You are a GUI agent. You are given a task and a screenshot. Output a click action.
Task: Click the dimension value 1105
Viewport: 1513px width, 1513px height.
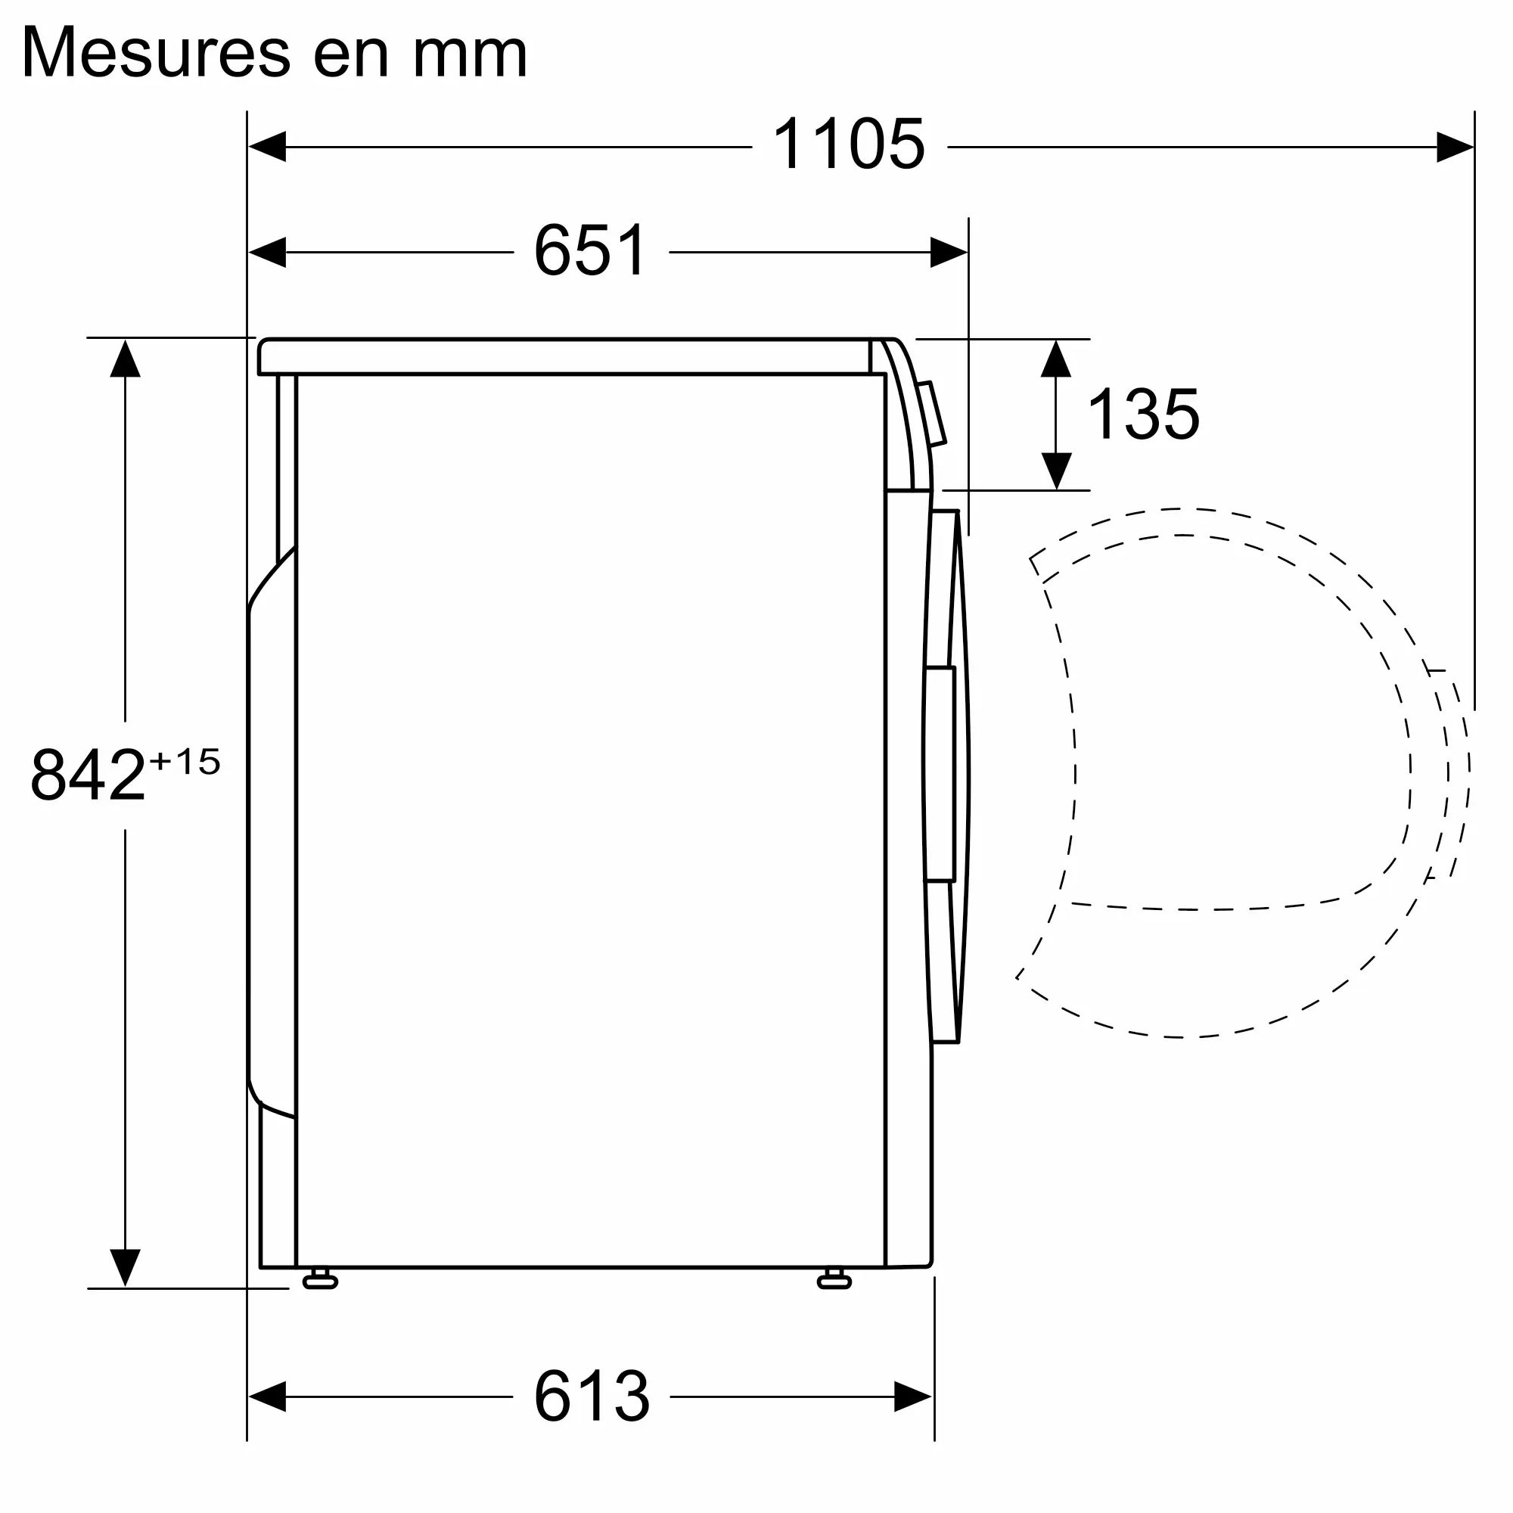coord(849,144)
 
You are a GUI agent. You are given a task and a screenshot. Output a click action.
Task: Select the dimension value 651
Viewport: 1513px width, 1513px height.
coord(591,250)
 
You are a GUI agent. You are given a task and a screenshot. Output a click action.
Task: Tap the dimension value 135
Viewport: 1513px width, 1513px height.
coord(1143,415)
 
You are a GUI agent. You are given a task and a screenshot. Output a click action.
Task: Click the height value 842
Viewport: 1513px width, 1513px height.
coord(89,775)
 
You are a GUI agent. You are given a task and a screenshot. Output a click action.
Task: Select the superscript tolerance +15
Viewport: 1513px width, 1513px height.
coord(185,761)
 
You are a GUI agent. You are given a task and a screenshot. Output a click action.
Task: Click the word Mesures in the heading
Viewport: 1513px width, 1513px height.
coord(157,53)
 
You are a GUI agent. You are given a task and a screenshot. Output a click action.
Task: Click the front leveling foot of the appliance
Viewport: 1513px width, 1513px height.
coord(834,1281)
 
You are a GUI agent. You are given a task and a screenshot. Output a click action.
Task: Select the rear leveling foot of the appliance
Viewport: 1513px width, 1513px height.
coord(319,1281)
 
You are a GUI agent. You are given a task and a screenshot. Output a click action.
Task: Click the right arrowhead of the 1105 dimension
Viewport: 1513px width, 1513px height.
coord(1454,148)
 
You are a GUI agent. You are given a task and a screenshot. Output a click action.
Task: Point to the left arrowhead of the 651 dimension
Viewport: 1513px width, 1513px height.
coord(267,252)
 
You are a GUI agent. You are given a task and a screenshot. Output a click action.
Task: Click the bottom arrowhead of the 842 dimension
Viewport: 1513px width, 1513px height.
coord(126,1266)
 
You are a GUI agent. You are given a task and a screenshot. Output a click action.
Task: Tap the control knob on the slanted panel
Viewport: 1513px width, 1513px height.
coord(933,414)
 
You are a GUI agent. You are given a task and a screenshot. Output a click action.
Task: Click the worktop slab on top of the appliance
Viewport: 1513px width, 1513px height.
coord(564,357)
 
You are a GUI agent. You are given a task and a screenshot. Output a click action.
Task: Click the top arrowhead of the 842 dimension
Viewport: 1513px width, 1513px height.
coord(126,359)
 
